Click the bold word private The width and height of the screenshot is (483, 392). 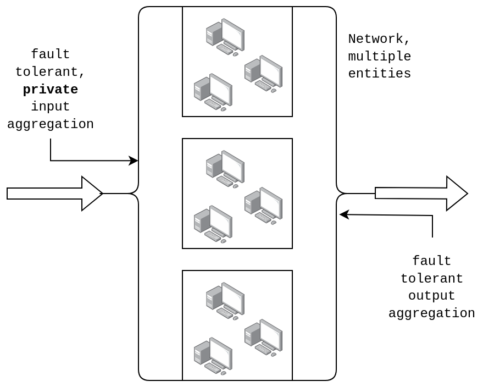50,89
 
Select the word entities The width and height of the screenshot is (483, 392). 379,74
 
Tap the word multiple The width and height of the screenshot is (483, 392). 379,57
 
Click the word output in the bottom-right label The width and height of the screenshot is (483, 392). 431,296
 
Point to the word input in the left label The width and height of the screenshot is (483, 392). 50,107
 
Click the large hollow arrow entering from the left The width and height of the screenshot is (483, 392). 55,194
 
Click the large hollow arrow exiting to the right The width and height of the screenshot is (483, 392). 421,194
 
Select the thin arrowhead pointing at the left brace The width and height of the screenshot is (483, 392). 134,161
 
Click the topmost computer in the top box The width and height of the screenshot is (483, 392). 225,37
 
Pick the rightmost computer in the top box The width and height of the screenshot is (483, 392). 263,74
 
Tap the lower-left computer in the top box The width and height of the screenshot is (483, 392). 213,92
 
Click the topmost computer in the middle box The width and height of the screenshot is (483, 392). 225,169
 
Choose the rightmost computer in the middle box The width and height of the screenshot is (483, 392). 263,206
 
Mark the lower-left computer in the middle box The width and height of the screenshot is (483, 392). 213,224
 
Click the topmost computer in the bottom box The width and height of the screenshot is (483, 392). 225,301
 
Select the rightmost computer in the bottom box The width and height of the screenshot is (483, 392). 263,338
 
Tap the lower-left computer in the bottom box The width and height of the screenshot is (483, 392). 213,356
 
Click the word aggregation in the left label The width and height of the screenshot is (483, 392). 50,124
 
